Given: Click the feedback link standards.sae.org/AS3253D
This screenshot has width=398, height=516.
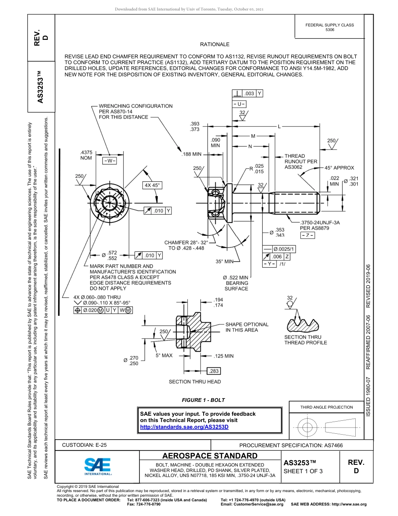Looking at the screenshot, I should (184, 427).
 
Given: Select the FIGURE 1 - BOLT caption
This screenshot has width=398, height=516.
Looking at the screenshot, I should (203, 400).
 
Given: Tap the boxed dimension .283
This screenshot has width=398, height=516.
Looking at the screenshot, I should (214, 371).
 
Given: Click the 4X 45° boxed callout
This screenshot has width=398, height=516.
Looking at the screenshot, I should (152, 185).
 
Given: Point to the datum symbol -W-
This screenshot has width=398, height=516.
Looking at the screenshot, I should (109, 160).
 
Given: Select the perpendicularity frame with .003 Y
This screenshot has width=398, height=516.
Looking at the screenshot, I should (248, 94).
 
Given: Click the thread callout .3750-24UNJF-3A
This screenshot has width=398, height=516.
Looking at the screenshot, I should (320, 222).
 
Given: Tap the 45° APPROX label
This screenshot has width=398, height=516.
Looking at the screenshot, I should (339, 168).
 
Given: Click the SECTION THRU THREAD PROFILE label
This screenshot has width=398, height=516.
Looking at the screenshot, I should (303, 340).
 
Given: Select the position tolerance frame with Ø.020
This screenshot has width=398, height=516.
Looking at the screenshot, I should (103, 310).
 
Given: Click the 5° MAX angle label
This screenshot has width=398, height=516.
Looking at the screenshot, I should (164, 355).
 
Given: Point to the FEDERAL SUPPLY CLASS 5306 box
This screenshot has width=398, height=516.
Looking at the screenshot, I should (329, 27).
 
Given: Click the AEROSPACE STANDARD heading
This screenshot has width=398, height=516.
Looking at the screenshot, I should (209, 456).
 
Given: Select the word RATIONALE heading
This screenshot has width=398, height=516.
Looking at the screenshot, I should (215, 44).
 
